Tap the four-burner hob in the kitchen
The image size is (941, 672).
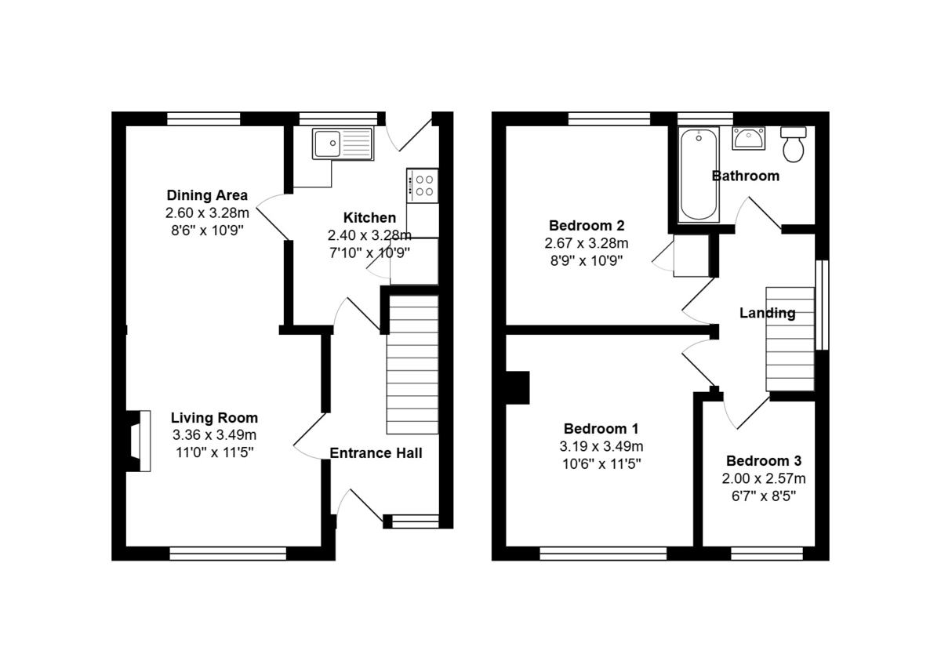click(x=422, y=186)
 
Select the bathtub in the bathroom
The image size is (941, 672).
click(x=699, y=175)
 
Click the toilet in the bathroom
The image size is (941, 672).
click(x=793, y=144)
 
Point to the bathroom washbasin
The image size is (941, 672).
click(x=748, y=139)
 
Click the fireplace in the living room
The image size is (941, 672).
click(x=139, y=441)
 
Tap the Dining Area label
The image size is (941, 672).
click(x=207, y=195)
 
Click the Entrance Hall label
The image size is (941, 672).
click(x=376, y=453)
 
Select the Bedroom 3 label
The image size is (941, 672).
click(x=764, y=461)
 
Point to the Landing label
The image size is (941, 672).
click(x=768, y=313)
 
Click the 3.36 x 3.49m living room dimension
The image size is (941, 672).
click(x=214, y=435)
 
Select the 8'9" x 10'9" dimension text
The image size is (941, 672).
click(x=587, y=261)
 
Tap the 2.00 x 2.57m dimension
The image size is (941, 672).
click(x=764, y=478)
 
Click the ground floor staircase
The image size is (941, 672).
click(x=412, y=365)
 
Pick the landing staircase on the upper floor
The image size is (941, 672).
click(x=790, y=340)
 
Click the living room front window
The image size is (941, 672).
click(x=227, y=554)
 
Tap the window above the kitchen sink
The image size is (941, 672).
click(x=339, y=119)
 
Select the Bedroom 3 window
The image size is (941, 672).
click(x=767, y=554)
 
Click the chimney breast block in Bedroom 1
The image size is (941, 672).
click(x=518, y=387)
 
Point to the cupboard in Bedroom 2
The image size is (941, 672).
click(x=692, y=256)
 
